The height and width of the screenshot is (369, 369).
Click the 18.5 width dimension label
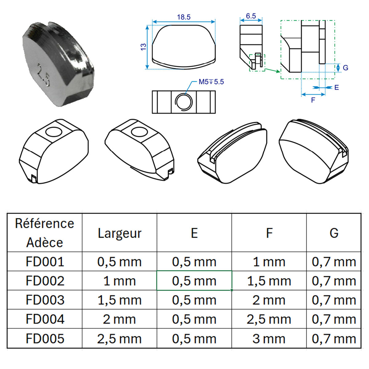(184, 17)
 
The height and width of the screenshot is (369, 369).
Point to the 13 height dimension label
(143, 47)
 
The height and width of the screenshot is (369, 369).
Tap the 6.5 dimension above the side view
(251, 16)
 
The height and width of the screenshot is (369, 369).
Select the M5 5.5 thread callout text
(211, 82)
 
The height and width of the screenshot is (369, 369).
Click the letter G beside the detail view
(346, 68)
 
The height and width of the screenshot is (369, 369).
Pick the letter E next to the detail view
(337, 88)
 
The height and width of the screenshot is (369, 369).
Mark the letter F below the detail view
(313, 100)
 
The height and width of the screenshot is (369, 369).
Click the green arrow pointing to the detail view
(272, 70)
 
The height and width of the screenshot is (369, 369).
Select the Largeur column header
(119, 233)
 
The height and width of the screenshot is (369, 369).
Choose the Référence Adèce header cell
(45, 233)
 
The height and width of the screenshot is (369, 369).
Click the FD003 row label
(45, 300)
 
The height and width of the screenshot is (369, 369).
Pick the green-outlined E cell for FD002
(194, 281)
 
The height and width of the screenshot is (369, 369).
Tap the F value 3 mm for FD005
(269, 339)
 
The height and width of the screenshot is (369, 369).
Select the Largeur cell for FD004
(119, 319)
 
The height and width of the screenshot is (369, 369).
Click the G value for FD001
(334, 262)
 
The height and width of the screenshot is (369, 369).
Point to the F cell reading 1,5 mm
(269, 281)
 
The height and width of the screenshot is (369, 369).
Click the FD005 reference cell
(45, 339)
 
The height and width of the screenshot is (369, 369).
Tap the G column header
(334, 233)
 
